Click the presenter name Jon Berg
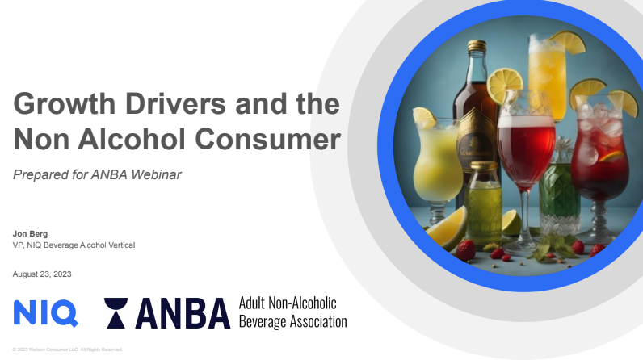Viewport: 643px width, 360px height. pos(30,233)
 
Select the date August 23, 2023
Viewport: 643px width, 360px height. pos(42,274)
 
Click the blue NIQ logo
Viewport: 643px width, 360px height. pos(45,312)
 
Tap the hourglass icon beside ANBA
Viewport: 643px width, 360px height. pos(118,313)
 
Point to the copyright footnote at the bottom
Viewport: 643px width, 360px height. pos(67,350)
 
